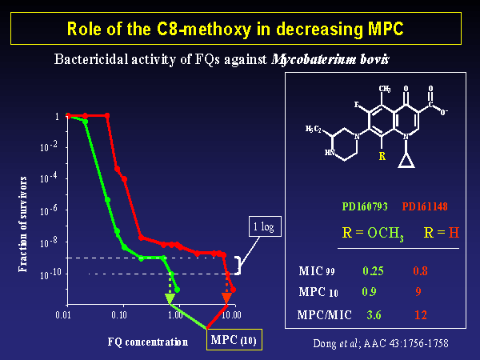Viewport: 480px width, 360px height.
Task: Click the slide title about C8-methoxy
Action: [240, 29]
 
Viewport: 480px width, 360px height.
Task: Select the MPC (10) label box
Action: [234, 341]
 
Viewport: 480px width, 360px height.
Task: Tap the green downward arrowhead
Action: [170, 299]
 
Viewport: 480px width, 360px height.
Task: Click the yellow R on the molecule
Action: [382, 156]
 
